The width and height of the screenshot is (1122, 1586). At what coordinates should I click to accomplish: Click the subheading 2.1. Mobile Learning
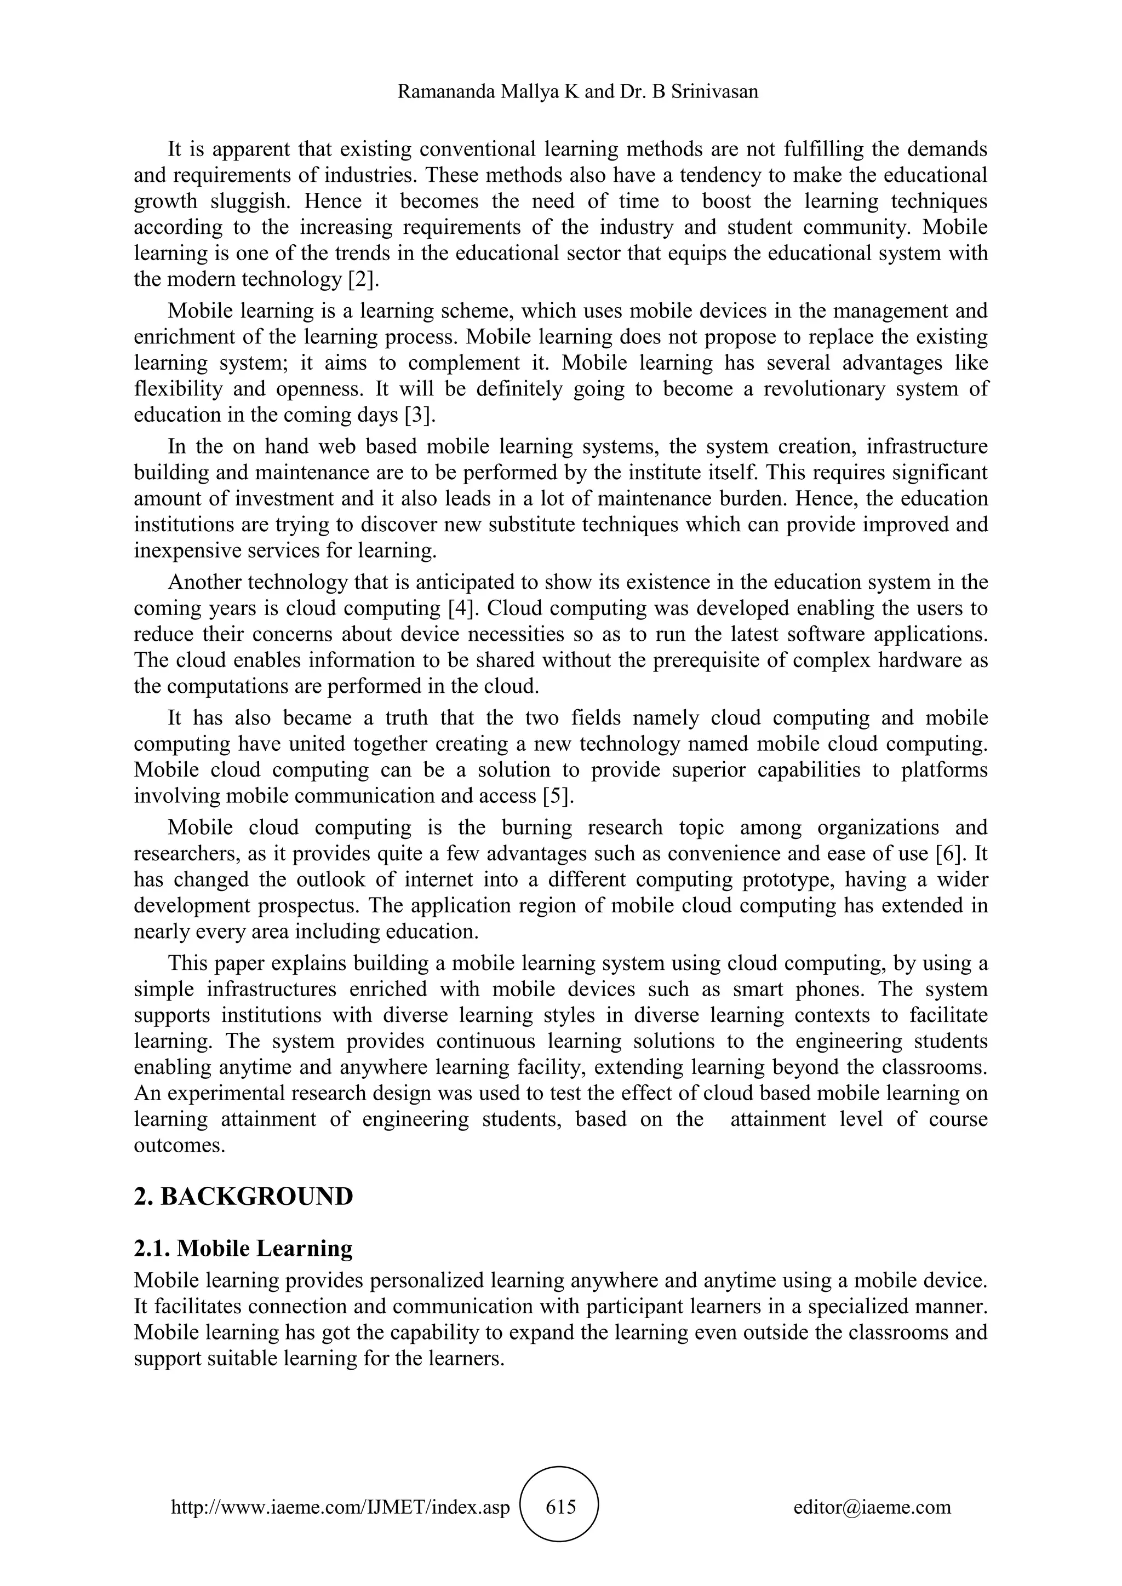[243, 1249]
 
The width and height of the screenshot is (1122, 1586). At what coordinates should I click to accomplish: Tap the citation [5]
[558, 796]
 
